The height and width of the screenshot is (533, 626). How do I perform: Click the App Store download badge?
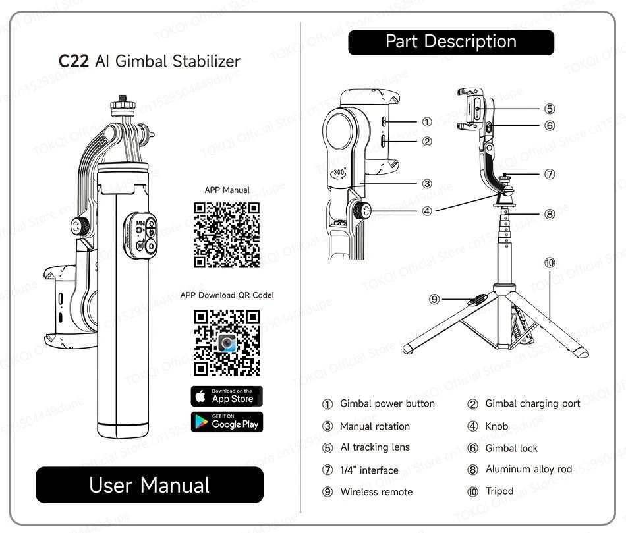[227, 396]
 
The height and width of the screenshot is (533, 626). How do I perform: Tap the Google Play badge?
[227, 422]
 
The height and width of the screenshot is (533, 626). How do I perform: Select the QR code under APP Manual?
[227, 235]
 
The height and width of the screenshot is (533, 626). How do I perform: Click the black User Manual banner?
[150, 486]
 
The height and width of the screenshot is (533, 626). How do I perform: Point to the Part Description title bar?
[451, 42]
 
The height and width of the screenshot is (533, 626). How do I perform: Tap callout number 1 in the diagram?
[427, 122]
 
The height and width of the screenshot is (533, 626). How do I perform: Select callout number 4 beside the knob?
[427, 211]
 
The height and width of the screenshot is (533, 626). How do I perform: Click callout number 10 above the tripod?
[550, 262]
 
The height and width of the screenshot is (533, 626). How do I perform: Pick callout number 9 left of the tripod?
[434, 299]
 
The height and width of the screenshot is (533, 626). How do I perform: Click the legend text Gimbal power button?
[387, 403]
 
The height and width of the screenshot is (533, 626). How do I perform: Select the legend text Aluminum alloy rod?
[528, 469]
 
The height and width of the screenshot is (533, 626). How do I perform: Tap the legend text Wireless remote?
[376, 491]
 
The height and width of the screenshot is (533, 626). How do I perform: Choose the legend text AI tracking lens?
[375, 447]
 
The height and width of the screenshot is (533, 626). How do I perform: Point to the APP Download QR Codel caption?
[227, 295]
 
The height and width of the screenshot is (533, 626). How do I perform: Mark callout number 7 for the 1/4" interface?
[550, 175]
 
